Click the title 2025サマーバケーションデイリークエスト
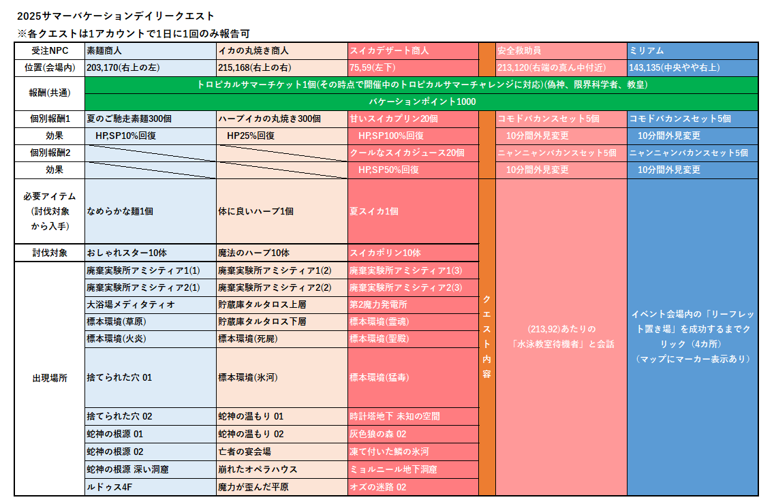pyautogui.click(x=116, y=16)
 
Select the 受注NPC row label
pyautogui.click(x=49, y=51)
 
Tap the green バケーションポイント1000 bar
pyautogui.click(x=422, y=101)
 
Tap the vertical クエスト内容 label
pyautogui.click(x=486, y=336)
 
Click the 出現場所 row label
pyautogui.click(x=49, y=378)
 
